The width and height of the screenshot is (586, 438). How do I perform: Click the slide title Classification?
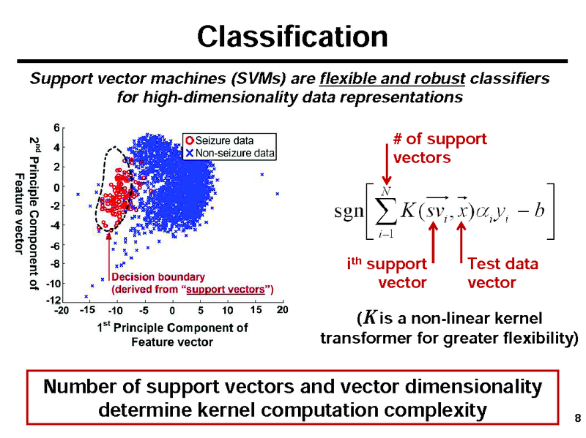point(292,36)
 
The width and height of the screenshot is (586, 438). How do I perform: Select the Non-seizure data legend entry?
point(230,153)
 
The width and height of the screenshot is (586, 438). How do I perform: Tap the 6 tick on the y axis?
point(57,127)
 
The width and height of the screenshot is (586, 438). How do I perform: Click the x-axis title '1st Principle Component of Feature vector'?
point(173,335)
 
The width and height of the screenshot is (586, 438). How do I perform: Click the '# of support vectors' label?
point(439,148)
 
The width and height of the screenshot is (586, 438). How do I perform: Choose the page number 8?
point(577,418)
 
